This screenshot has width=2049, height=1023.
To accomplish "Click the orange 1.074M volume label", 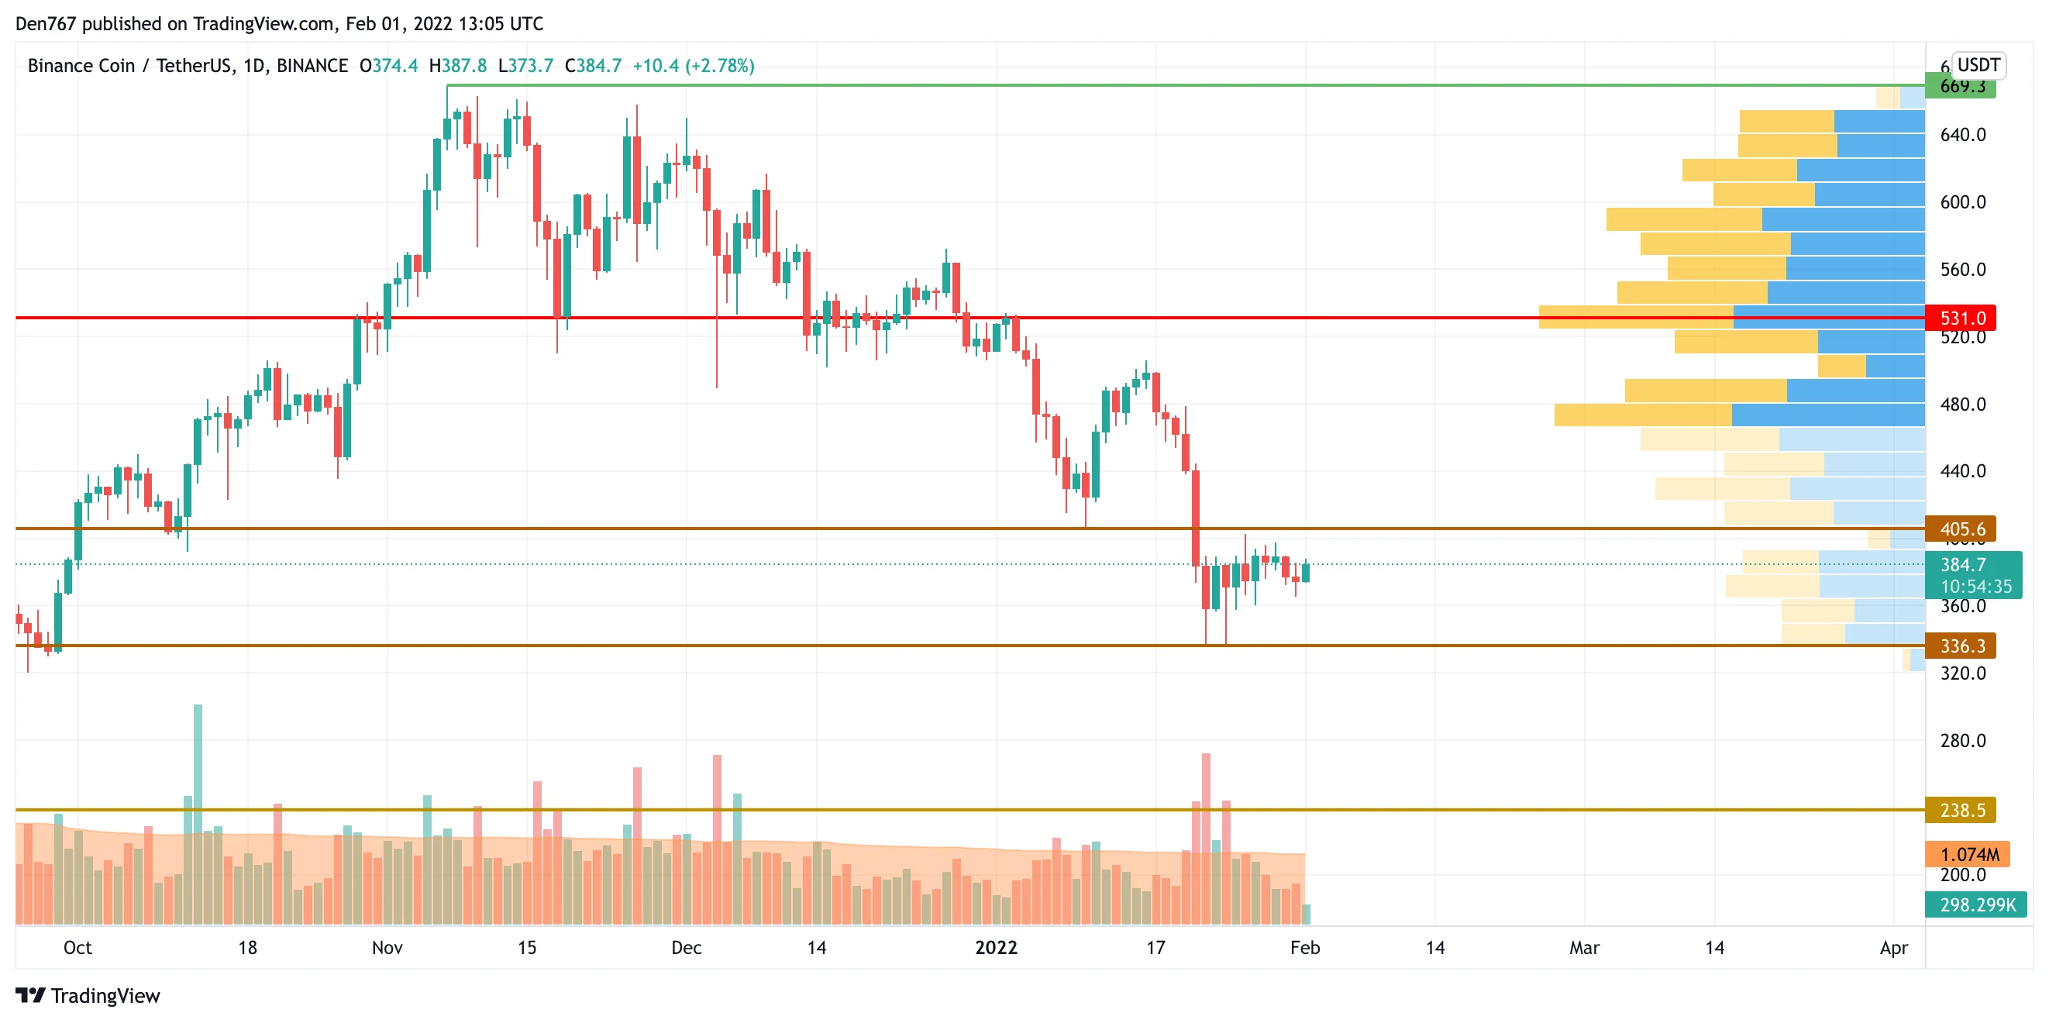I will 1967,855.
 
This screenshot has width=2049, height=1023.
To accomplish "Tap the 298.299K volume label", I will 1976,905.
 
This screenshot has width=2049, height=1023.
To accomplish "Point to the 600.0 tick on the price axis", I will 1962,202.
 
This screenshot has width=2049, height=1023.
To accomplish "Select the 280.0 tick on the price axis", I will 1962,741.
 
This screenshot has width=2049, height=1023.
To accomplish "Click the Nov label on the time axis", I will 387,947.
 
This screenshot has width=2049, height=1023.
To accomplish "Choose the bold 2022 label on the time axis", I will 996,947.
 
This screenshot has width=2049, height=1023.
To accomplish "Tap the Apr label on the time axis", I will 1894,947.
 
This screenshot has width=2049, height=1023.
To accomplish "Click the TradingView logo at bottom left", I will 88,996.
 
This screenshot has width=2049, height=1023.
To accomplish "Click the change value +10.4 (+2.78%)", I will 693,66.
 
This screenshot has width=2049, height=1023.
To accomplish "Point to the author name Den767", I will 46,24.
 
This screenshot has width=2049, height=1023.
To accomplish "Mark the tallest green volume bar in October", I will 198,811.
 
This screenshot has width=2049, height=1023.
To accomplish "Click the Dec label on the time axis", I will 687,947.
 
